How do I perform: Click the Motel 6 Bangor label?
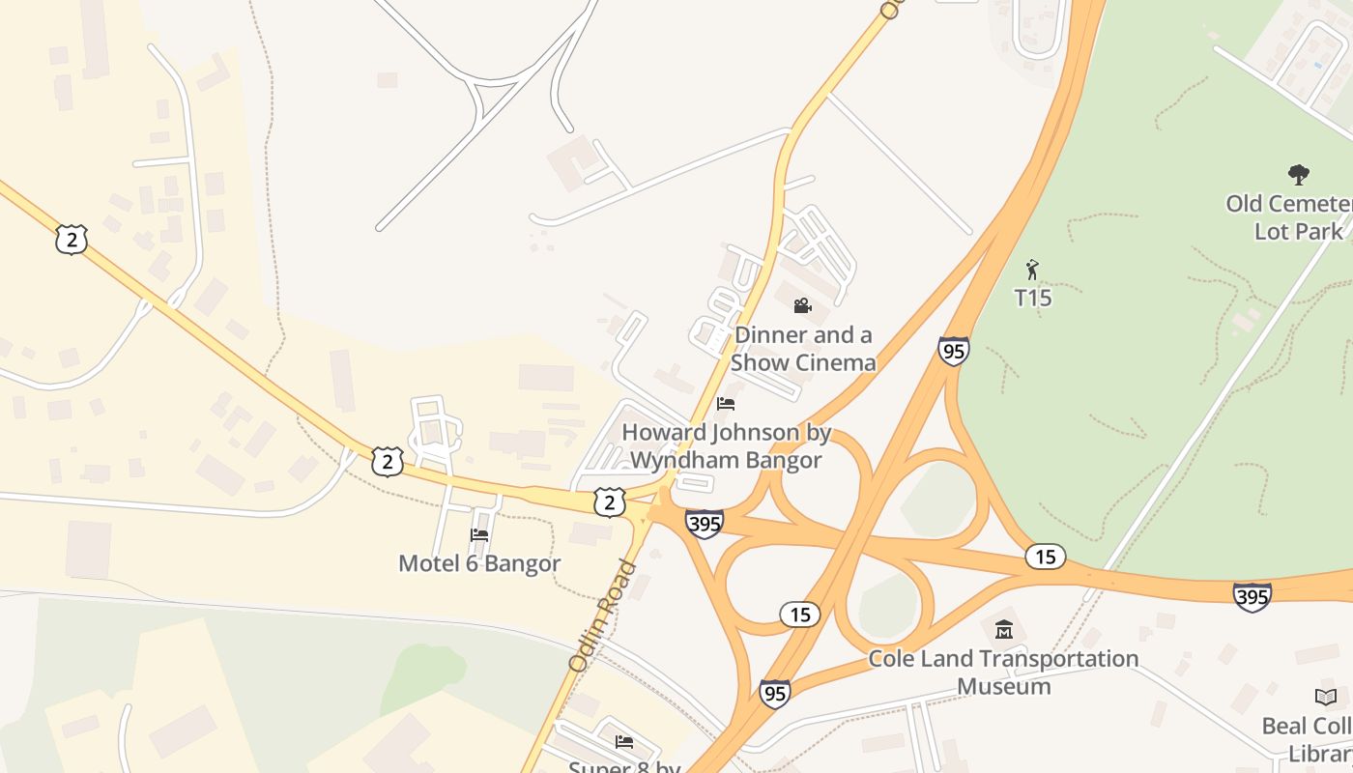[479, 563]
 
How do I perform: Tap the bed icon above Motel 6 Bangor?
[478, 535]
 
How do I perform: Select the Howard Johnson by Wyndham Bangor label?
[726, 445]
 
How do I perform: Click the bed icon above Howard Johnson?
[726, 404]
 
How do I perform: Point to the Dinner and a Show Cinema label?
[803, 349]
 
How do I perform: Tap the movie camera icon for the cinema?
[802, 306]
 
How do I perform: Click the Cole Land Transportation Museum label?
[1003, 672]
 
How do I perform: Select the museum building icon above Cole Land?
[1004, 630]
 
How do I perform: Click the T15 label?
[1032, 298]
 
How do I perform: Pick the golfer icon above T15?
[1032, 269]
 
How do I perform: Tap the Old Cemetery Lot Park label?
[1290, 217]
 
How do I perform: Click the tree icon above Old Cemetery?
[1299, 175]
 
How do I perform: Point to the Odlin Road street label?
[602, 616]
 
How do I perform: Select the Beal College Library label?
[1309, 738]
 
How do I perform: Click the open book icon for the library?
[1326, 697]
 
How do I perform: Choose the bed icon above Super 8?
[624, 742]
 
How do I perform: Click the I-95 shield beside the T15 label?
[953, 351]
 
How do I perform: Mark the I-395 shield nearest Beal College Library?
[1252, 597]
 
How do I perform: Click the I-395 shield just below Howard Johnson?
[705, 525]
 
